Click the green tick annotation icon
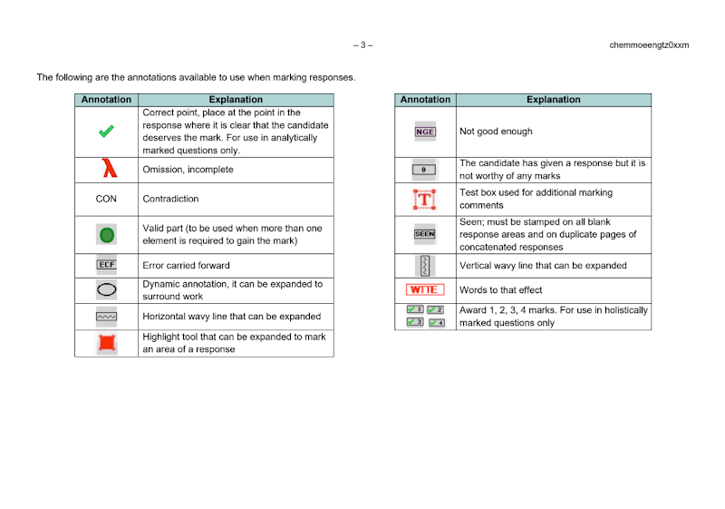point(106,132)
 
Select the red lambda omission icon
point(107,170)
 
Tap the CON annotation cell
point(106,199)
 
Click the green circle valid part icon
point(106,235)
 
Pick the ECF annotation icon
point(106,266)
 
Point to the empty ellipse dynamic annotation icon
point(106,290)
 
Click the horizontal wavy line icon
point(106,317)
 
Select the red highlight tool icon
point(106,343)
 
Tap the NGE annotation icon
point(425,132)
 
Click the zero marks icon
point(424,170)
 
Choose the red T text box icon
point(424,200)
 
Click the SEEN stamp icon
point(424,234)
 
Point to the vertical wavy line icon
point(424,266)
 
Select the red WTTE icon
point(424,290)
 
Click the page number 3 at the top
point(362,44)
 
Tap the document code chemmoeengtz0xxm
point(649,44)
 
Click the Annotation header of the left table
point(106,100)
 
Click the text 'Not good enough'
point(496,132)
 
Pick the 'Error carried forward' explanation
point(186,266)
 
